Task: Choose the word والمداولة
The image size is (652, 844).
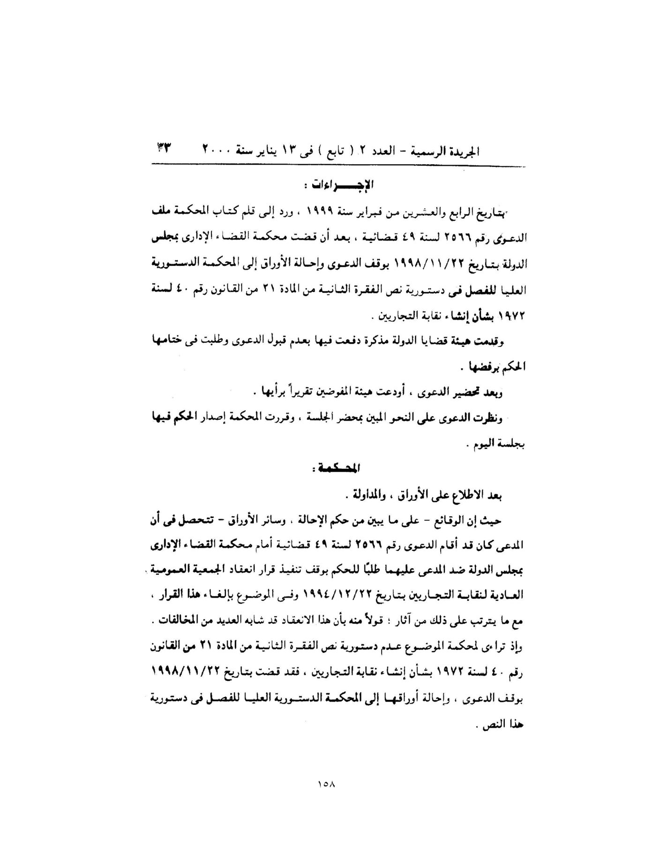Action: (x=362, y=495)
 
